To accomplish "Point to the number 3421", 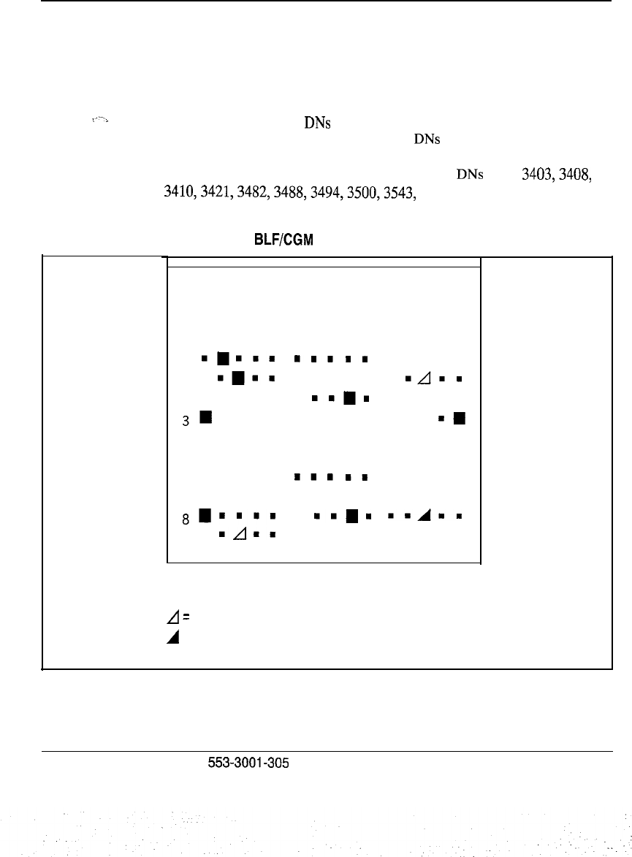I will click(x=211, y=194).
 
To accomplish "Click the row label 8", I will click(x=186, y=521).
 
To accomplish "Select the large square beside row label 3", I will click(x=207, y=417).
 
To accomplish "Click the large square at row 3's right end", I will click(x=460, y=419).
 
